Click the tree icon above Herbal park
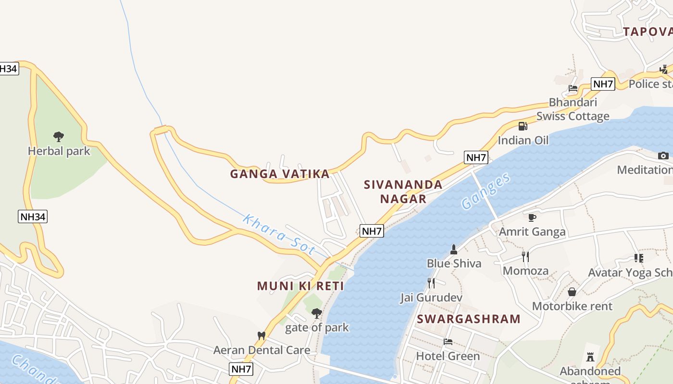coord(59,137)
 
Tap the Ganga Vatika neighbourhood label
coord(280,174)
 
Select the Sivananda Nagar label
coord(403,192)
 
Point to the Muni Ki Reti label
coord(300,286)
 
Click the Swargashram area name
coord(469,319)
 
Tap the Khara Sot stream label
coord(279,235)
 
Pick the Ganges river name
coord(486,191)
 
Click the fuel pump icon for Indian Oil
coord(523,126)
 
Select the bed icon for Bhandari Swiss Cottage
coord(573,88)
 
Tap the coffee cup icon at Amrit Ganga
coord(532,217)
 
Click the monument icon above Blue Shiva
coord(453,249)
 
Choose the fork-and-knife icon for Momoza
coord(525,257)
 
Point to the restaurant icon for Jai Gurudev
coord(431,283)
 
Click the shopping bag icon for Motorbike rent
coord(572,292)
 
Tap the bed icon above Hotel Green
coord(448,342)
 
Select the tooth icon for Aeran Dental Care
coord(262,336)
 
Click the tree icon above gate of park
coord(316,313)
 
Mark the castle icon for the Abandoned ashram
coord(590,357)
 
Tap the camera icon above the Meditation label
coord(663,156)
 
